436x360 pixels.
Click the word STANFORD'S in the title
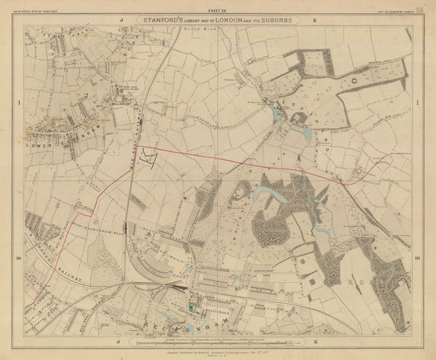(150, 20)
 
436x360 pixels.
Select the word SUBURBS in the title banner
(276, 20)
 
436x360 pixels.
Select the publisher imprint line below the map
(217, 347)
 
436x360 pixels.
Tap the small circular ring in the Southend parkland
(354, 81)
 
